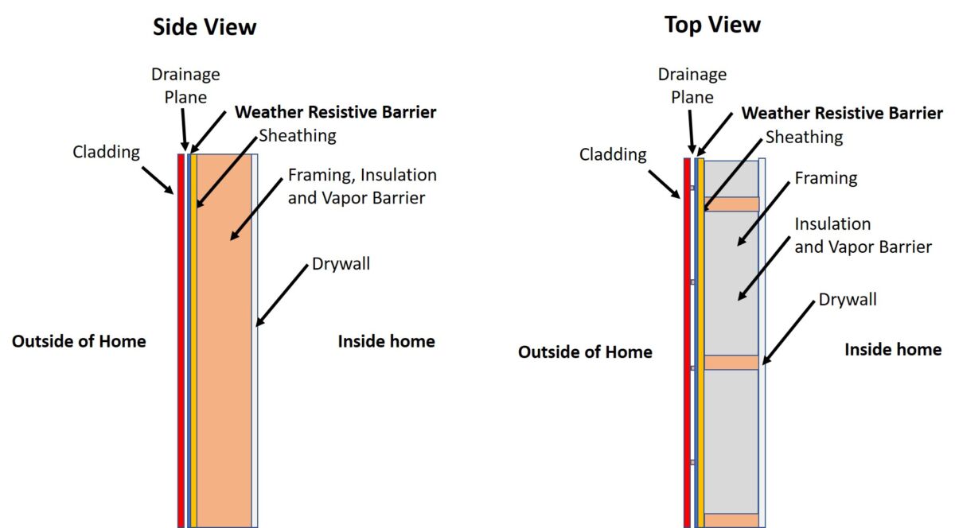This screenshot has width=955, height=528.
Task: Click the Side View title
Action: coord(205,27)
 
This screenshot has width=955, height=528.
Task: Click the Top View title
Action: coord(712,25)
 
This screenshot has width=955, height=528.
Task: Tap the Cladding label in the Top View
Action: coord(612,154)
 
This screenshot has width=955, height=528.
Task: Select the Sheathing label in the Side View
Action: coord(298,135)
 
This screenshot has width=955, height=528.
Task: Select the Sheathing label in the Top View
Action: coord(804,137)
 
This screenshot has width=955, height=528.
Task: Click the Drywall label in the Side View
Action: coord(341,263)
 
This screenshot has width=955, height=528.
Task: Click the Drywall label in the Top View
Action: coord(848,299)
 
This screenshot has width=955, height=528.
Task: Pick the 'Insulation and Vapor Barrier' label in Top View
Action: coord(863,235)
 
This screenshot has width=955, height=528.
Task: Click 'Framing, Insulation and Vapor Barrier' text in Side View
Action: coord(362,185)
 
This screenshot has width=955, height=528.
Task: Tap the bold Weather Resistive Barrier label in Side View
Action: coord(335,112)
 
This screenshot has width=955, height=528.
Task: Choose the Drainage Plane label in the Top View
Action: coord(692,85)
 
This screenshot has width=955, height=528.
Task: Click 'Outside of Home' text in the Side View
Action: coord(79,341)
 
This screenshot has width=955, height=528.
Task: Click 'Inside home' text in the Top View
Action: coord(892,349)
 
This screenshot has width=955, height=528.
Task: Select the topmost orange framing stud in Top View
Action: coord(731,204)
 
